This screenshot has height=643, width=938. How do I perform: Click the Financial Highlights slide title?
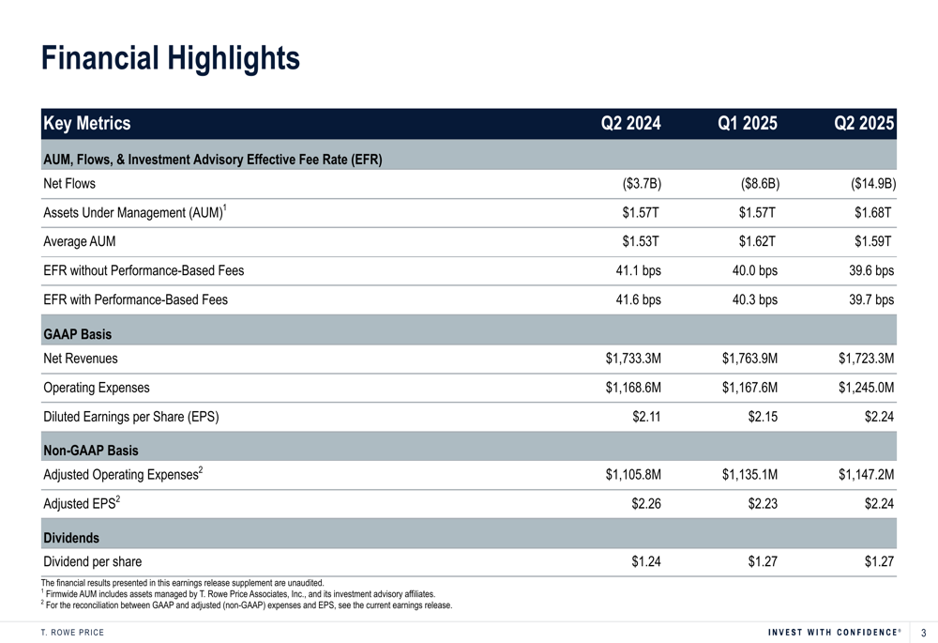(171, 58)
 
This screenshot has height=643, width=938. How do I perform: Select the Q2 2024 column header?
(630, 123)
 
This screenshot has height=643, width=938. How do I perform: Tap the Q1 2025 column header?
(748, 123)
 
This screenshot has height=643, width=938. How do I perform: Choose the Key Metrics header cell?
(87, 123)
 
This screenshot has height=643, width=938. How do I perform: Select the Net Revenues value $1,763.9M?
(750, 358)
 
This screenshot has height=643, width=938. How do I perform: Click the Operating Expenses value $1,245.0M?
(866, 387)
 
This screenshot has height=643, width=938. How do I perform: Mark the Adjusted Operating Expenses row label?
(123, 475)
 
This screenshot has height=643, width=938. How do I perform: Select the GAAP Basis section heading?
(77, 334)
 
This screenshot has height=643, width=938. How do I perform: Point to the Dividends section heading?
(71, 538)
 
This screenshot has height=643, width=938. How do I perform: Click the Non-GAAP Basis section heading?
(91, 451)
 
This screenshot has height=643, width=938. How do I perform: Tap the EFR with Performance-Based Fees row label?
(135, 299)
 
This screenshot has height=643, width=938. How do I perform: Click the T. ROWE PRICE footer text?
(72, 632)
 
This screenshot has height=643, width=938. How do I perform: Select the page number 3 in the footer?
(923, 633)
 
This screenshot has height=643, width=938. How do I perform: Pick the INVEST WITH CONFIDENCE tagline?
(833, 632)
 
